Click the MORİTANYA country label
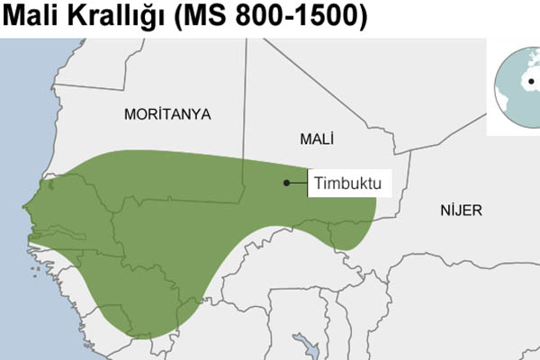point(167,114)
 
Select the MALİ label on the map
point(315,139)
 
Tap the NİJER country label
point(461,211)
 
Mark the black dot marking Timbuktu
point(286,183)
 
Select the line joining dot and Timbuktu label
point(299,183)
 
